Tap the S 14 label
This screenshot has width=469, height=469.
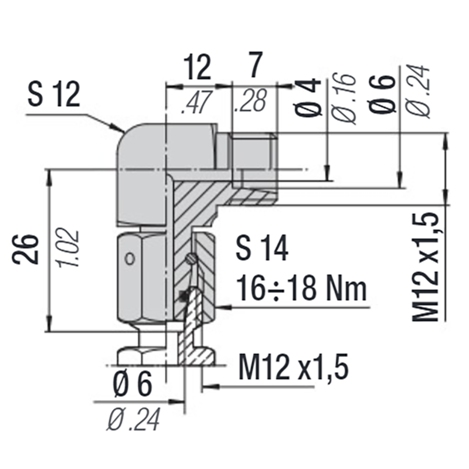261,249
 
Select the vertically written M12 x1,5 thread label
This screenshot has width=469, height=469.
426,267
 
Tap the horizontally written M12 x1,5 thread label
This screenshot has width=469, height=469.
293,368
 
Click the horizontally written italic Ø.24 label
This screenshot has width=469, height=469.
133,420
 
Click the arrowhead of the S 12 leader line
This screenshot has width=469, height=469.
118,127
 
